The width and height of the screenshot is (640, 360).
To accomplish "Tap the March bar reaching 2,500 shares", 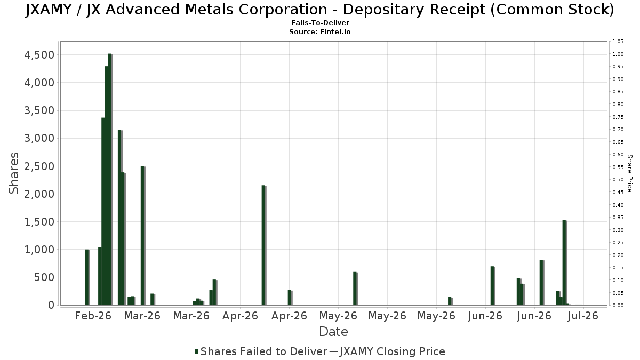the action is tap(142, 236).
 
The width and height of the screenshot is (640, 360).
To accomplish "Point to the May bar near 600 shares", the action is tap(355, 289).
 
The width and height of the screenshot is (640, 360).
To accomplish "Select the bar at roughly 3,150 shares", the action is tap(119, 218).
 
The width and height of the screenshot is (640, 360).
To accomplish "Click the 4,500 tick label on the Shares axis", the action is tap(39, 55).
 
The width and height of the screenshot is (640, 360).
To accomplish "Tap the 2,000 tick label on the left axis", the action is tap(39, 194).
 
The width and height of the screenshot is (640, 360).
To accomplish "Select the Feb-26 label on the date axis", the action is tap(93, 316).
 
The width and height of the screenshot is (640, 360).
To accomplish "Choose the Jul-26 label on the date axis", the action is tap(583, 316).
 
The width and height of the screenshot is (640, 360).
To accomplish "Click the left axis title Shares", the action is tap(13, 173).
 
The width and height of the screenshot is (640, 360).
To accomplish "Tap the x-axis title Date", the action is tap(333, 332).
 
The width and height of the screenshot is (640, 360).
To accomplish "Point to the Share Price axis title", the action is tap(629, 173).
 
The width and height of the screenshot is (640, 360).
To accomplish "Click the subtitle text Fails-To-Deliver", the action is tap(320, 22).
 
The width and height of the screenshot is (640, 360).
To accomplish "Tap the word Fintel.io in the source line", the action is tap(335, 31).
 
